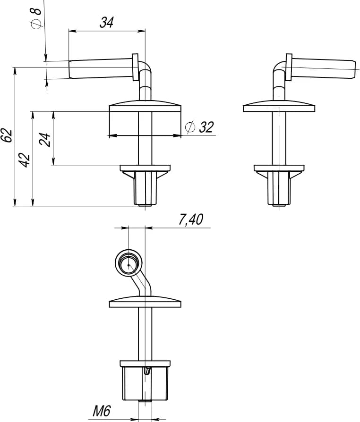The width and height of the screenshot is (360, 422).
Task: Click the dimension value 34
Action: click(107, 22)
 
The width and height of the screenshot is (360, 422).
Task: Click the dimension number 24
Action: click(45, 140)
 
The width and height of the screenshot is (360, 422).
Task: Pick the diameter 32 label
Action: click(200, 127)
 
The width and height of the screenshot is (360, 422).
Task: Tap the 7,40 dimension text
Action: click(191, 219)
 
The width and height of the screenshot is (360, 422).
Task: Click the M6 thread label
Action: click(102, 411)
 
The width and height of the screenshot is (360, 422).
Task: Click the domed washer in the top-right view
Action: click(279, 106)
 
